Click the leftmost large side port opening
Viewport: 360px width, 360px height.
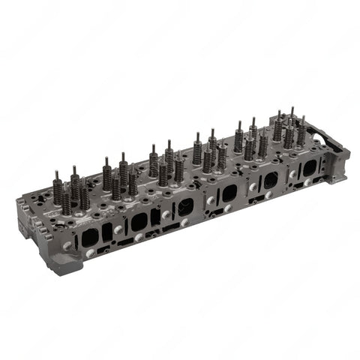(90, 237)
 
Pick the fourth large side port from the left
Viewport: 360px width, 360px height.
(229, 193)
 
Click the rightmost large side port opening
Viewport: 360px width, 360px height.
(308, 167)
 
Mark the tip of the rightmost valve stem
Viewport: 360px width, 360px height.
(302, 118)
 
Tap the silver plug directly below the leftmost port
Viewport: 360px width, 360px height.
(91, 254)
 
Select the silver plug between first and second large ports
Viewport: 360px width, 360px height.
(118, 229)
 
